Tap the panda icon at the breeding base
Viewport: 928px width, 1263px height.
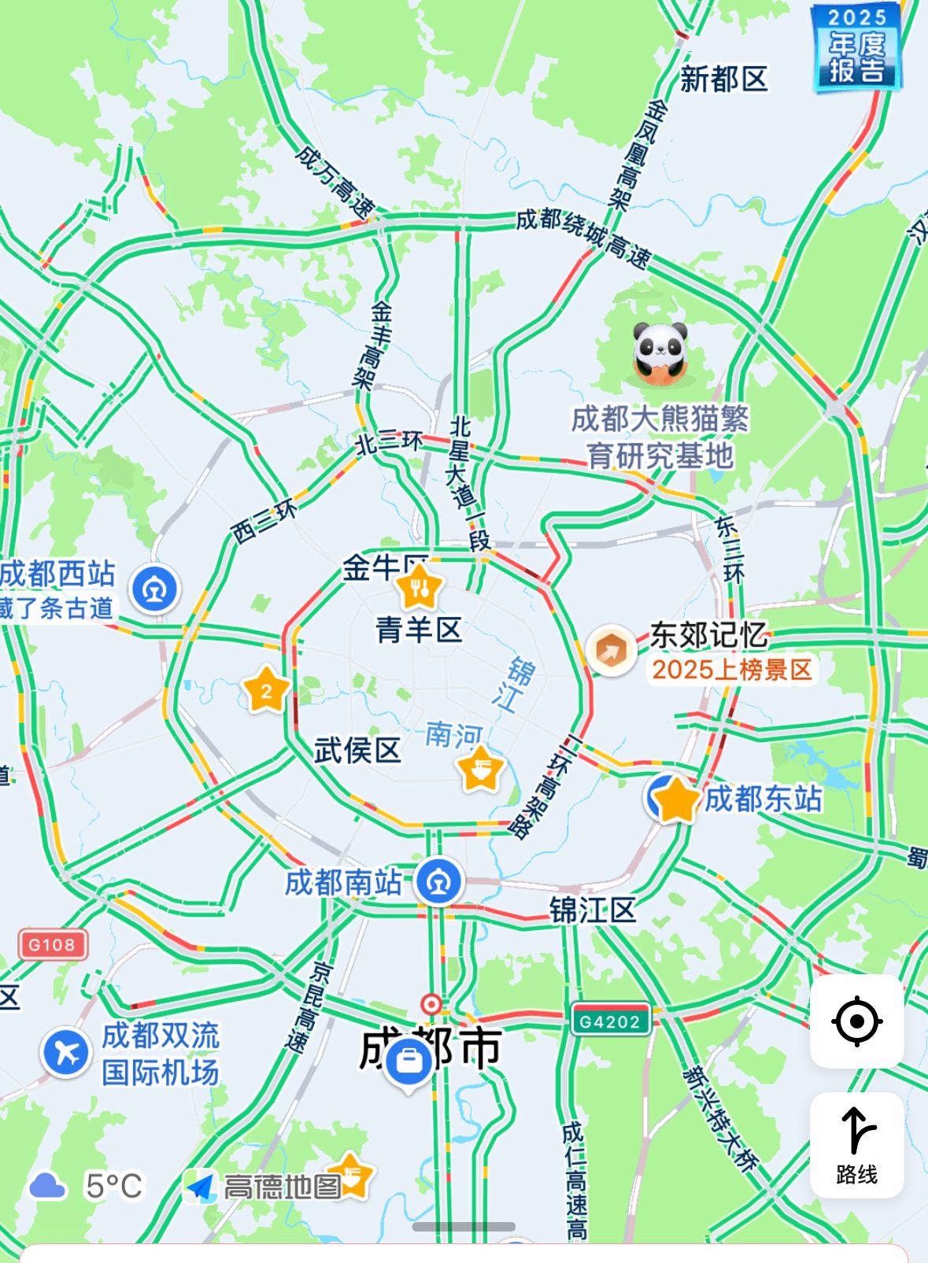pyautogui.click(x=660, y=353)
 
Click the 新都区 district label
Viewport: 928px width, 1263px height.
pyautogui.click(x=723, y=79)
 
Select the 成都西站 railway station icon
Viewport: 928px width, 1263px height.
pyautogui.click(x=155, y=589)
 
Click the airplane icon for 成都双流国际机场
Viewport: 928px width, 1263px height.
pyautogui.click(x=67, y=1052)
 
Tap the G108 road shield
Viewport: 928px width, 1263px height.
pyautogui.click(x=53, y=944)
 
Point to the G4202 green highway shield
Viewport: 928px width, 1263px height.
pyautogui.click(x=611, y=1021)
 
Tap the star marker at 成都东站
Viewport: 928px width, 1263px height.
pyautogui.click(x=675, y=800)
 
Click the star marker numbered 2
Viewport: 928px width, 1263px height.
pyautogui.click(x=266, y=691)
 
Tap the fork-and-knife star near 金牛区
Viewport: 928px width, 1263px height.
pyautogui.click(x=418, y=587)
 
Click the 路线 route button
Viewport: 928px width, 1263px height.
pyautogui.click(x=856, y=1144)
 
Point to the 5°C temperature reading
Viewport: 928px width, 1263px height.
pyautogui.click(x=115, y=1185)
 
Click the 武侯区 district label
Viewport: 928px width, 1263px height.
pyautogui.click(x=357, y=750)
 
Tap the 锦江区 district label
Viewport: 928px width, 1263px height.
pyautogui.click(x=593, y=910)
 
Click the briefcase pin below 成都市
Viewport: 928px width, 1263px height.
pyautogui.click(x=408, y=1063)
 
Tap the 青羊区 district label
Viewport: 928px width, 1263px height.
pyautogui.click(x=419, y=630)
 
